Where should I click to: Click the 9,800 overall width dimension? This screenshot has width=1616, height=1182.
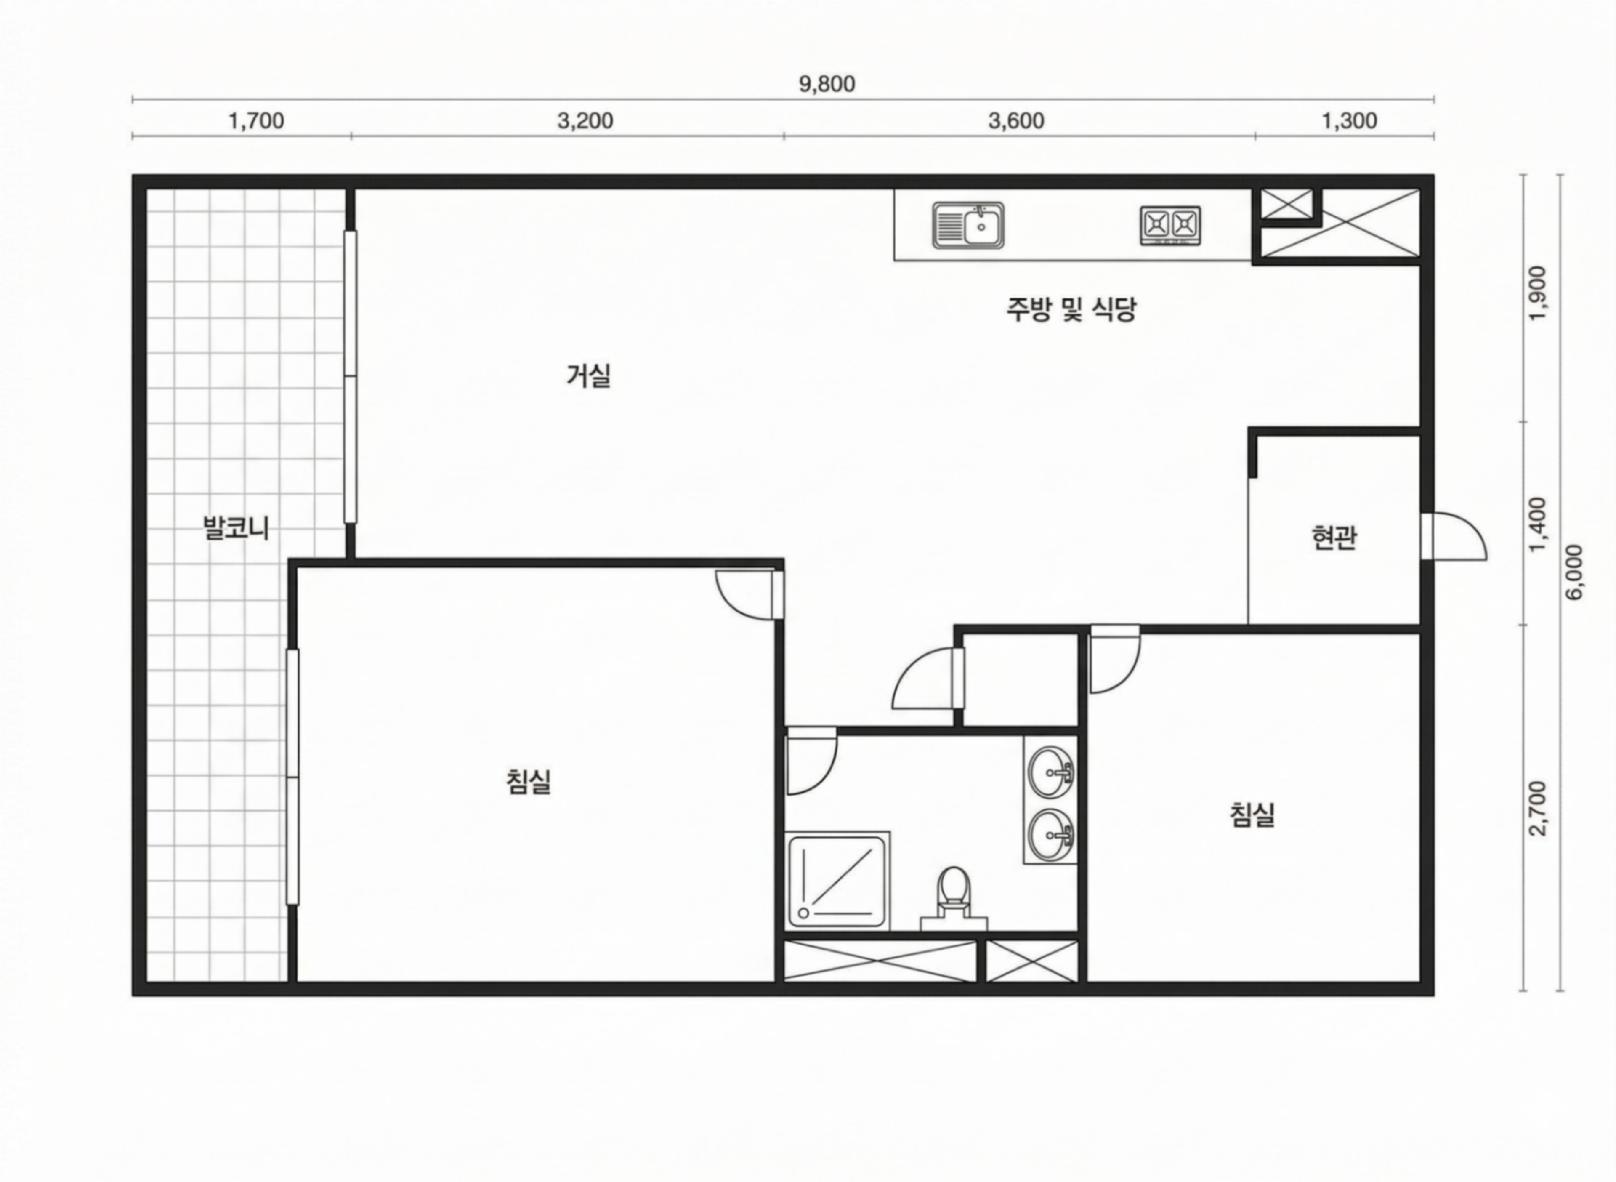click(827, 85)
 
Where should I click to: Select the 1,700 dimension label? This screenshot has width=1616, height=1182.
click(256, 121)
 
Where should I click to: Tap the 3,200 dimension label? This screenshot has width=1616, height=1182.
click(585, 121)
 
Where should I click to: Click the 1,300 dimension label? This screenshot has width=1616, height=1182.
click(1349, 121)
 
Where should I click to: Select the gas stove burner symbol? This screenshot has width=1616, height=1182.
click(1170, 225)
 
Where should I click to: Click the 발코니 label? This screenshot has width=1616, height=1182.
click(236, 527)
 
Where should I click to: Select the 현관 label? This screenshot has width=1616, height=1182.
click(1334, 538)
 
